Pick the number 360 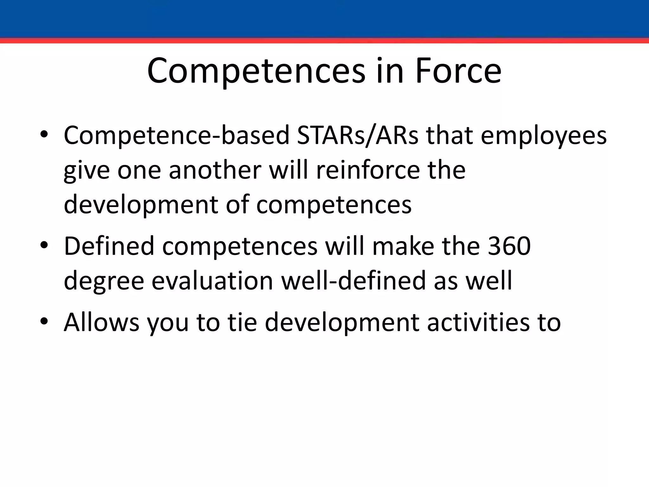click(509, 246)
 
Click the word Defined click(109, 246)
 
